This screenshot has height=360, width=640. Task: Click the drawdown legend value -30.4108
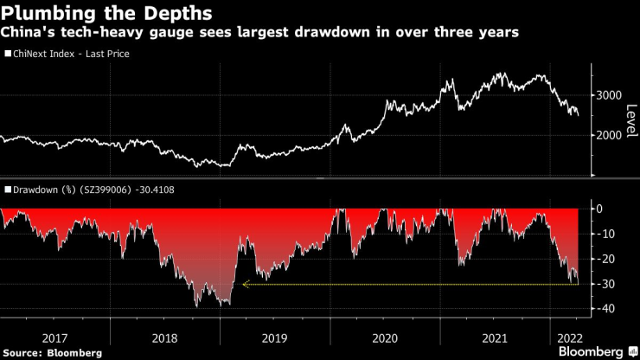pyautogui.click(x=162, y=189)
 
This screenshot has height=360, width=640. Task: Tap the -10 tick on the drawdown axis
pyautogui.click(x=606, y=234)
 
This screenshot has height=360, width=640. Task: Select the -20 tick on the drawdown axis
pyautogui.click(x=606, y=259)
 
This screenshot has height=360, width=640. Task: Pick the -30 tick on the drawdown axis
pyautogui.click(x=606, y=284)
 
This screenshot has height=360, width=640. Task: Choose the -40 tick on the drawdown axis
pyautogui.click(x=606, y=309)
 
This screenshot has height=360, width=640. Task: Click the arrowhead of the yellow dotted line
pyautogui.click(x=245, y=284)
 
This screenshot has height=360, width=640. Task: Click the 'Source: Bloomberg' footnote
pyautogui.click(x=52, y=352)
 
